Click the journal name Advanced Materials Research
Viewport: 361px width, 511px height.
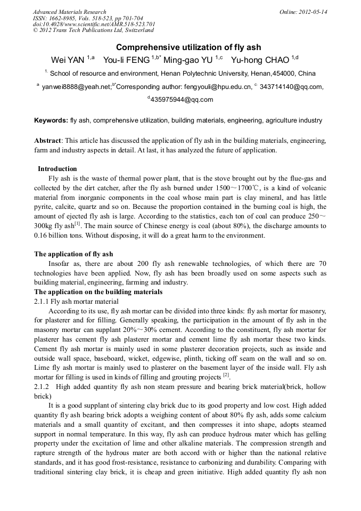[x=69, y=12]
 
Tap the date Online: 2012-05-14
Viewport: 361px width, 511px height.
[x=303, y=12]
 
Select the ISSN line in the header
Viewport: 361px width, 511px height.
[x=88, y=18]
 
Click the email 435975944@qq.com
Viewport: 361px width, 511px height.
[x=182, y=99]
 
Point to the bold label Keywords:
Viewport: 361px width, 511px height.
[x=51, y=121]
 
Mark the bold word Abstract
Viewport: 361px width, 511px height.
[x=48, y=140]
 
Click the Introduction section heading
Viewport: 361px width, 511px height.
[x=58, y=169]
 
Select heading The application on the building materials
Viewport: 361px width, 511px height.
[x=98, y=292]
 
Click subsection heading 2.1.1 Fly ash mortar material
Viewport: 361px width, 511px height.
[x=76, y=302]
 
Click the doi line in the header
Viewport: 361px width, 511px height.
[x=94, y=25]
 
